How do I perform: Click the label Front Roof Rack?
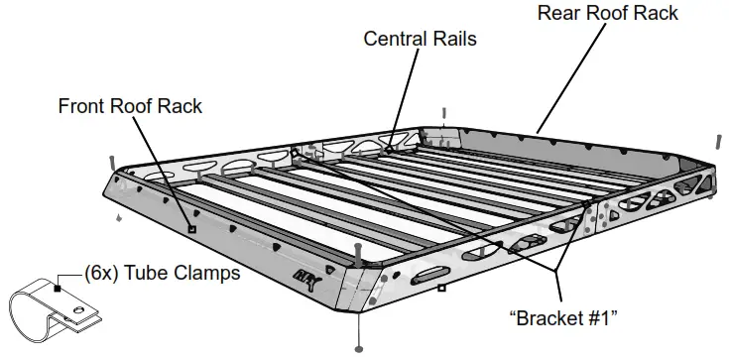click(129, 105)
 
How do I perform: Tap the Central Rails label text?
click(420, 39)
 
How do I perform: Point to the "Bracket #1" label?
click(563, 319)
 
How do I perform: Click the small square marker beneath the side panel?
click(439, 290)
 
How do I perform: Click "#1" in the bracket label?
click(598, 319)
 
